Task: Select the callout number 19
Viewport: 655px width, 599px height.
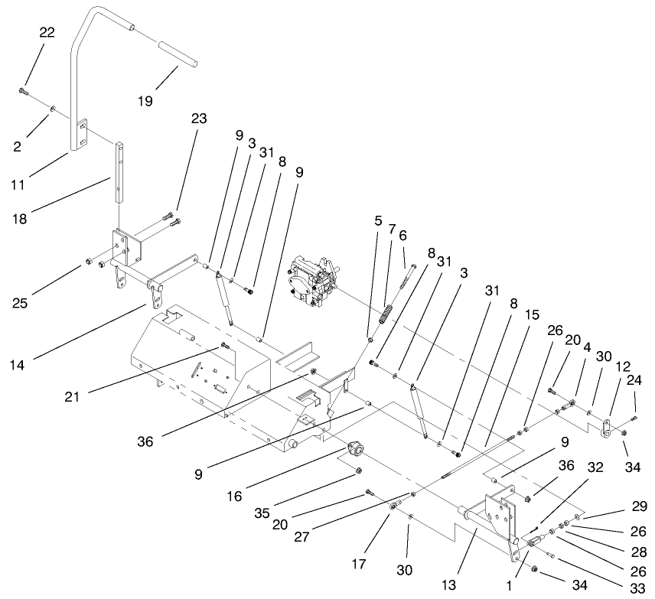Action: tap(145, 100)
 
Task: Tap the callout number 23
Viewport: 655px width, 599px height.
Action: tap(198, 119)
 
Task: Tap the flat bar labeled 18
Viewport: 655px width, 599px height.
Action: tap(119, 171)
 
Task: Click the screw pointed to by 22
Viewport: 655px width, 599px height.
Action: tap(23, 92)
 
